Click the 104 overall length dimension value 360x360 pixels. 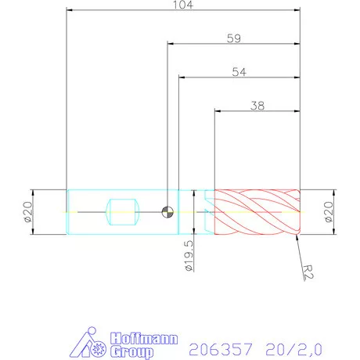(183, 5)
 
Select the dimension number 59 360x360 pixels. (233, 37)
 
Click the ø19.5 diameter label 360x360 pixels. (189, 256)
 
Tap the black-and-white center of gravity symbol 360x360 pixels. (167, 211)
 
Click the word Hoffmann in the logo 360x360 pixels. (137, 337)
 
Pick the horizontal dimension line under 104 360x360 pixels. (183, 12)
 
